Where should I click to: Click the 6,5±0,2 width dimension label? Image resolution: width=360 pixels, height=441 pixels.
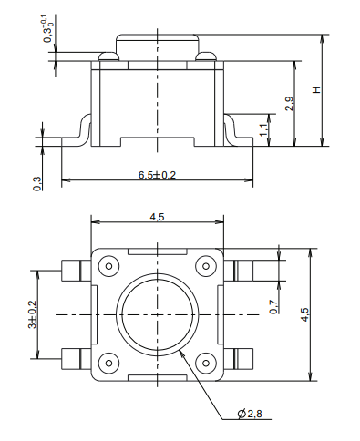tap(156, 174)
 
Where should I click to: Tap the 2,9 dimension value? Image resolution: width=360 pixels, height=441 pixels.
tap(288, 103)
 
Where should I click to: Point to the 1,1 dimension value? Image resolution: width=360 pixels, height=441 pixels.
tap(263, 129)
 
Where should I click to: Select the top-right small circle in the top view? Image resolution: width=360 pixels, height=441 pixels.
tap(204, 267)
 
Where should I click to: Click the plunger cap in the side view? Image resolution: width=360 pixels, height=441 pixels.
tap(157, 46)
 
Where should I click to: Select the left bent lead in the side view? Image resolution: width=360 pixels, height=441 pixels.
tap(77, 133)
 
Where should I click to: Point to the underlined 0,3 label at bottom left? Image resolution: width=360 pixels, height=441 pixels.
tap(36, 182)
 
